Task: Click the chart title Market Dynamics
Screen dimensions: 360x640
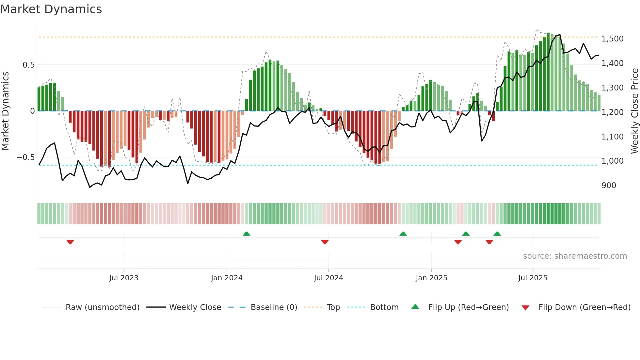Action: tap(51, 9)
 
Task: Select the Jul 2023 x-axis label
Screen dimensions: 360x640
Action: tap(124, 278)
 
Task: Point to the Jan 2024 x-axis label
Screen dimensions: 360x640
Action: tap(227, 278)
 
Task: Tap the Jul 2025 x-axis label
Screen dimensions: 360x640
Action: tap(533, 278)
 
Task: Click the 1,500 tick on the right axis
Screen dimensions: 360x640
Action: tap(613, 39)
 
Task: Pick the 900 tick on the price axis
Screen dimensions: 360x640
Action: tap(609, 186)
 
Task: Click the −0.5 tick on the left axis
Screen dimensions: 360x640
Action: tap(26, 157)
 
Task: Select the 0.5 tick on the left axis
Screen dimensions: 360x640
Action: tap(29, 65)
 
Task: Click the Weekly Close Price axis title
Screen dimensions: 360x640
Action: tap(634, 111)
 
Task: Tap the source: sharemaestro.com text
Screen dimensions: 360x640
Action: tap(575, 256)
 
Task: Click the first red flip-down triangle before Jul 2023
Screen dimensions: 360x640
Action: tap(70, 242)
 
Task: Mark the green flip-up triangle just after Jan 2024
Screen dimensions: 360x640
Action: tap(247, 234)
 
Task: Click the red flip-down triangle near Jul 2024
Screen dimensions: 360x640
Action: tap(325, 242)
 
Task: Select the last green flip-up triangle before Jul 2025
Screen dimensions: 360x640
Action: tap(497, 234)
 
